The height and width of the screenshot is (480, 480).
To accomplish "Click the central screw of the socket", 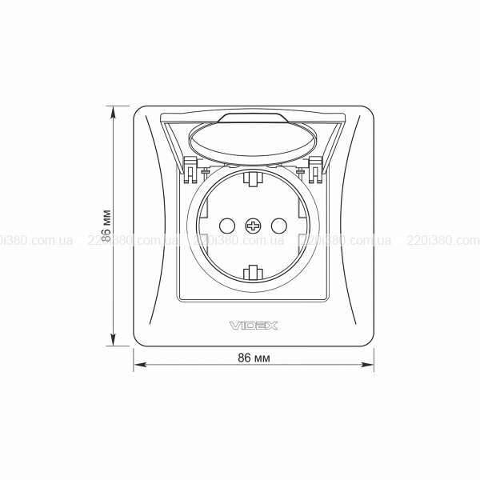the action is pos(253,226).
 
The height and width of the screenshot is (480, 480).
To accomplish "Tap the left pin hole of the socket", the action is pos(227,226).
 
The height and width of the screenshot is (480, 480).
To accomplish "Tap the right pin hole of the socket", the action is pos(279,226).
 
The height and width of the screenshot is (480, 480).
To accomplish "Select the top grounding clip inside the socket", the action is pos(253,179).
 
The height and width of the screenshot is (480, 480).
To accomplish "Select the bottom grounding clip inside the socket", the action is pos(253,273).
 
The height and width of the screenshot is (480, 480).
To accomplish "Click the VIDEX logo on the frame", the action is pos(254,326).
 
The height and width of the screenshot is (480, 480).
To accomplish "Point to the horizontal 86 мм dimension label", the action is pos(254,358).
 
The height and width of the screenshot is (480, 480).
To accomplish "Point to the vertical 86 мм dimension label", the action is pos(106,226).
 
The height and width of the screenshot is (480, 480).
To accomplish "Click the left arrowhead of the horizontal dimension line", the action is pos(139,365).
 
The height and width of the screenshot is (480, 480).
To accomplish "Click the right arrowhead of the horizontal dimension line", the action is pos(368,365).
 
